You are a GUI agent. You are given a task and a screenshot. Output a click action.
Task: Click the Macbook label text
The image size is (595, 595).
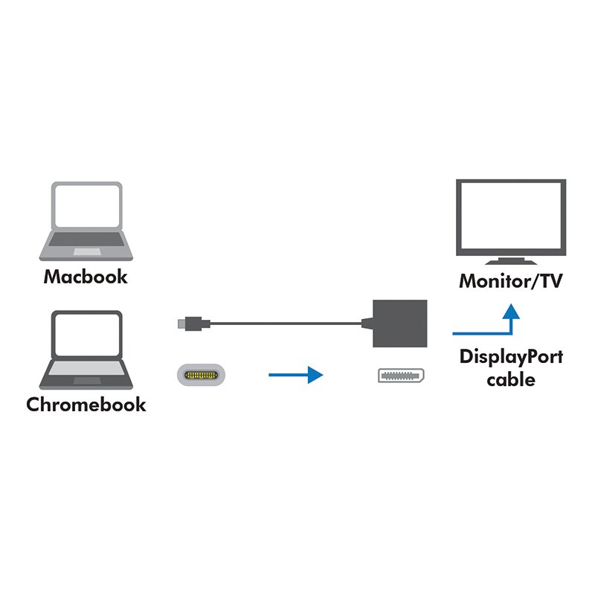click(86, 277)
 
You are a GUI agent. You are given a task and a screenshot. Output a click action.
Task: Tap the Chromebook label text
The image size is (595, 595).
click(86, 405)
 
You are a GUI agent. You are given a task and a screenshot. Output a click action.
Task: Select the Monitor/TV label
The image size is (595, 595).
click(510, 282)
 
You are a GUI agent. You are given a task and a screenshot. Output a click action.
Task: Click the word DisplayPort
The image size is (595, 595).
click(510, 356)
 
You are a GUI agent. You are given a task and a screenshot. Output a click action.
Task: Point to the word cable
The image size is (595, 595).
click(510, 379)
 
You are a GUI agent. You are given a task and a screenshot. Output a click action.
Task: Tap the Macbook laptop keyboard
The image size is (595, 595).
click(86, 239)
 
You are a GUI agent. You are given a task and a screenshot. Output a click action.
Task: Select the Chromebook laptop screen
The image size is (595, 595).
click(86, 335)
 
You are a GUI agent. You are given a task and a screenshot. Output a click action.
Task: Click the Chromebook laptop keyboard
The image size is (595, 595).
click(86, 367)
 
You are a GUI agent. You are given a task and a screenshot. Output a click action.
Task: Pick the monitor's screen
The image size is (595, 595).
click(510, 216)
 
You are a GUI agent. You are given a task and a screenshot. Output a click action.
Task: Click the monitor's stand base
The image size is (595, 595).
click(510, 263)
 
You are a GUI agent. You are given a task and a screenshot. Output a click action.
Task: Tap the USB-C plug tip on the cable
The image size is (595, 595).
click(183, 324)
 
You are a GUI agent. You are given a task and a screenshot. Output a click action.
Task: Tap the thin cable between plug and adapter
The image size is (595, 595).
click(283, 324)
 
